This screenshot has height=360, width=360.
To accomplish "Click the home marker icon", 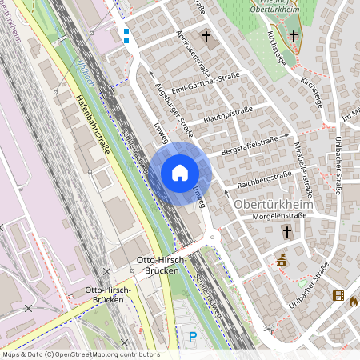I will pos(180,173).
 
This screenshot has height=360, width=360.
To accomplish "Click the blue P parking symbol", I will pos(192,337).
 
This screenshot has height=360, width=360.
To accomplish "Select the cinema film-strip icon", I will pos(338,296).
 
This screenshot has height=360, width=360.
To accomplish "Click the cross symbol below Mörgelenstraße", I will pos(287,232).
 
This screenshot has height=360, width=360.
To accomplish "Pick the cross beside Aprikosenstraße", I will pos(206,37).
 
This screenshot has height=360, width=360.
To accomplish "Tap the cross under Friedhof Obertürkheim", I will pos(293,35).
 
